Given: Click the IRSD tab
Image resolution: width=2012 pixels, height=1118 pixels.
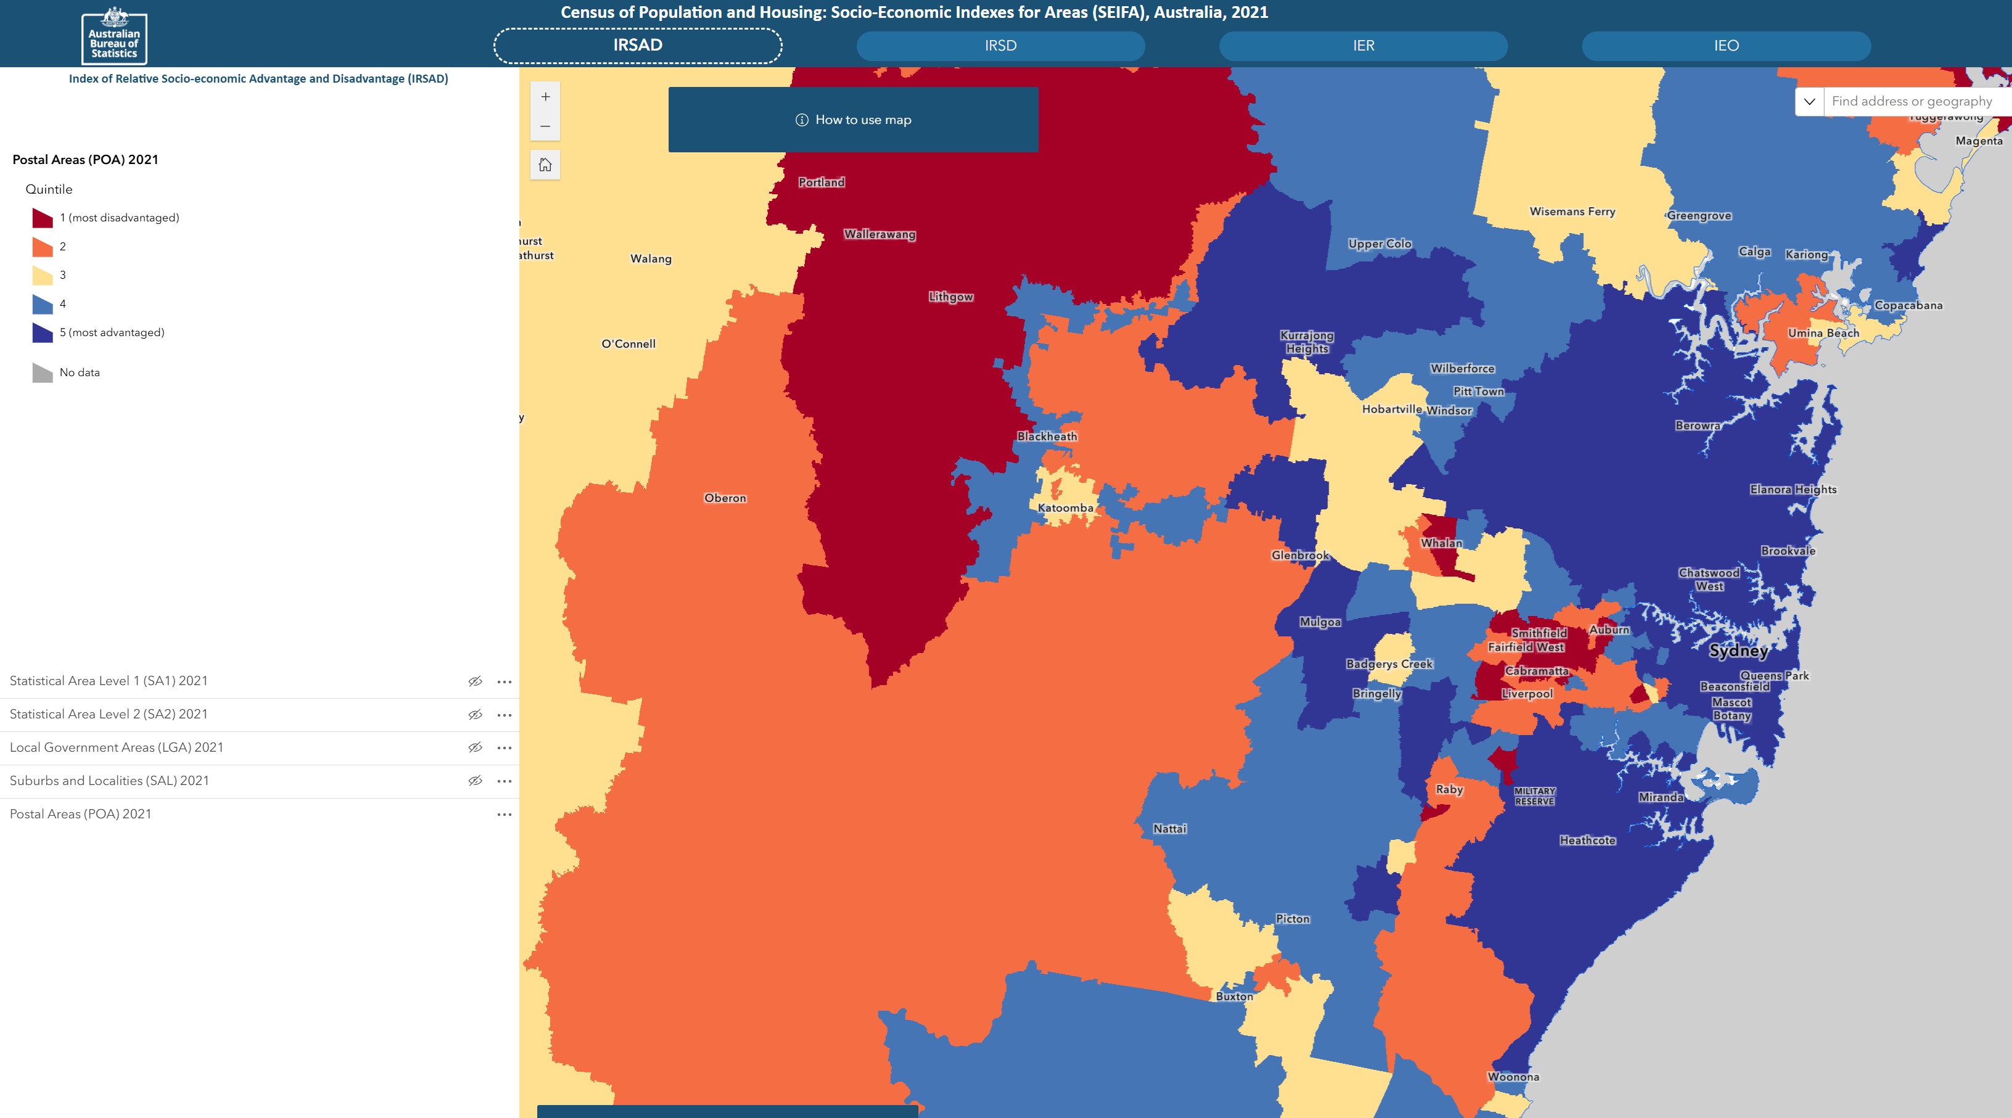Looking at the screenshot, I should click(1000, 45).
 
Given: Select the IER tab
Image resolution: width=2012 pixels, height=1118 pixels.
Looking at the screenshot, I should click(1363, 45).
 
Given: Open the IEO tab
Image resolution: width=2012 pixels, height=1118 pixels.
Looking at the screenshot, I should click(1726, 45).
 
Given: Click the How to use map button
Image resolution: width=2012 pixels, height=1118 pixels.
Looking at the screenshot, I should click(853, 120).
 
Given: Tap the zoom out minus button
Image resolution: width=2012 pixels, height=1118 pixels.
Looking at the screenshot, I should click(545, 126).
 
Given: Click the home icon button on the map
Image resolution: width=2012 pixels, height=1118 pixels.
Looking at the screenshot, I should click(545, 165).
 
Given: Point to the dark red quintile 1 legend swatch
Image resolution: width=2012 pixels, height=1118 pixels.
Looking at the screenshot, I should click(42, 218).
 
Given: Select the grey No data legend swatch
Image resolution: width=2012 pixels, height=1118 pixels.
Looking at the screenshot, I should click(42, 372).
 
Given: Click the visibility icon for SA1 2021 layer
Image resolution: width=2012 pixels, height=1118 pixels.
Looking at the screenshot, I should click(475, 681).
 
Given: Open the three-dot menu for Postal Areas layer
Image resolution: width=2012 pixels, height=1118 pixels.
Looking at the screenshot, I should click(505, 815).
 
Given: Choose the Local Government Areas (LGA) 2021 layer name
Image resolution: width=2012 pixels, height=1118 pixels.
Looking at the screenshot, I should click(117, 747).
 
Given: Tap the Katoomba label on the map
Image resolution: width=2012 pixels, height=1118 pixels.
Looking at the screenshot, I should click(1065, 508).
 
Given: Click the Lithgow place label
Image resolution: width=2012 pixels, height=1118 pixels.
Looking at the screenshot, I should click(950, 297).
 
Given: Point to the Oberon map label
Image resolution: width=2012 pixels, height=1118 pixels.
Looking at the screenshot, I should click(725, 498).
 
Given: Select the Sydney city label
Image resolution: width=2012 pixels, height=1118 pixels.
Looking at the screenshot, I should click(1738, 651).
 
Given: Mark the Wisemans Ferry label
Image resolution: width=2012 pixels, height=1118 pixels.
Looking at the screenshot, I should click(1572, 212).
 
